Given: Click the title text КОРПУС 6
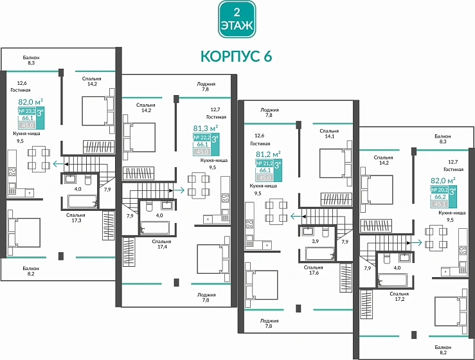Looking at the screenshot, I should coord(236,57).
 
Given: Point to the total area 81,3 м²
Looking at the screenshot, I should coord(206,127).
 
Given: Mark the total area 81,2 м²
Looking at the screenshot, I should coord(268,154).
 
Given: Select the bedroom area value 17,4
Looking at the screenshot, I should coord(161,246).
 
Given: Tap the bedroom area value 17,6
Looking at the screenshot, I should coord(314,272).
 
